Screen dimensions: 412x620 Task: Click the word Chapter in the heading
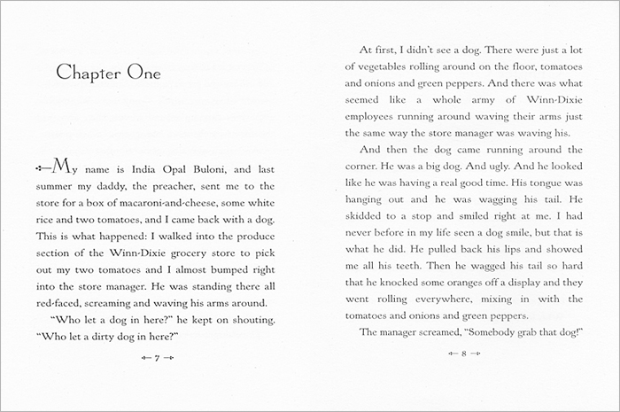pyautogui.click(x=87, y=73)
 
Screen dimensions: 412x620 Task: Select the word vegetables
pyautogui.click(x=380, y=66)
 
